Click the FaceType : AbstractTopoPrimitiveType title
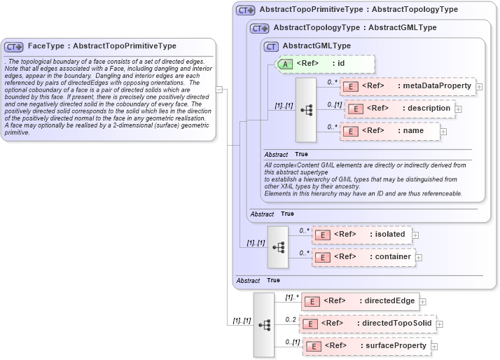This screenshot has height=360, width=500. [102, 46]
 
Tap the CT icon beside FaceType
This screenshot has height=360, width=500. [14, 47]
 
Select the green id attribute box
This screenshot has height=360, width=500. [326, 64]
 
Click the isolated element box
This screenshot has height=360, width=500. [361, 235]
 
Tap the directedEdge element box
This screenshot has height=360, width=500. [360, 301]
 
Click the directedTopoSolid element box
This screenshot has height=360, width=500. [368, 324]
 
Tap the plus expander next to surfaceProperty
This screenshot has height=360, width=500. [435, 346]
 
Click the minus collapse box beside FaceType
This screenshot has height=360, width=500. [219, 89]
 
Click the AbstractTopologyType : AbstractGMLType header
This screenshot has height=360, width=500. [355, 28]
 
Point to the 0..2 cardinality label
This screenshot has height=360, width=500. [291, 319]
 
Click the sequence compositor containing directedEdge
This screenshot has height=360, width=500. [264, 325]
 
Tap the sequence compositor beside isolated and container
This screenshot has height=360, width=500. [278, 247]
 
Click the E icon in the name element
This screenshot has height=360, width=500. [349, 131]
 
